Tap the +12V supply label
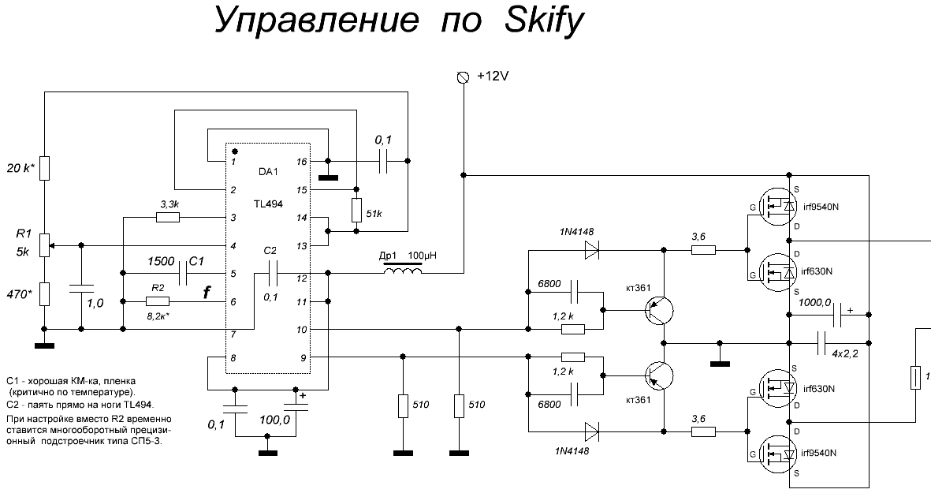pyautogui.click(x=494, y=77)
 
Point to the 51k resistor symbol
pyautogui.click(x=356, y=211)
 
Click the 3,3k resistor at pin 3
pyautogui.click(x=169, y=217)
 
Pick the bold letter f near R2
pyautogui.click(x=207, y=293)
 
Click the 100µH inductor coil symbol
pyautogui.click(x=402, y=273)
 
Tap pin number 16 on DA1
pyautogui.click(x=301, y=161)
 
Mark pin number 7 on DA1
pyautogui.click(x=233, y=334)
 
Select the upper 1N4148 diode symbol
pyautogui.click(x=591, y=250)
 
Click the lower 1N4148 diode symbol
pyautogui.click(x=591, y=431)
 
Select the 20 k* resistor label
pyautogui.click(x=22, y=169)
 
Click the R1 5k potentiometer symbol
pyautogui.click(x=45, y=245)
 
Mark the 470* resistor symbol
pyautogui.click(x=45, y=294)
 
